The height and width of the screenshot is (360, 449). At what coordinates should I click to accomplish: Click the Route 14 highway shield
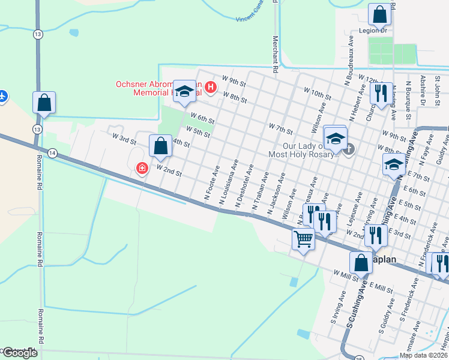coord(53,153)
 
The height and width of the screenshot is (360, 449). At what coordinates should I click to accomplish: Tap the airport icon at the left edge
coord(2,95)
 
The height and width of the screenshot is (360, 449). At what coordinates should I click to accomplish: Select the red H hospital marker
coord(210,88)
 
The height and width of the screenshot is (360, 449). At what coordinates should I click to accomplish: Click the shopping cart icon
coord(303,239)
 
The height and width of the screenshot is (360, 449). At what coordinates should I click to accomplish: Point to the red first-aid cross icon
coord(142,169)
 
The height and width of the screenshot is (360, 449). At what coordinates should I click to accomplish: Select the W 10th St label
coord(318,93)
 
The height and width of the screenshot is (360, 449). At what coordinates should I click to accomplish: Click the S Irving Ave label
coord(337,308)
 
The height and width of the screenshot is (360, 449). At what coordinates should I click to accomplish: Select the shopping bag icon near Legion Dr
coord(379,13)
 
